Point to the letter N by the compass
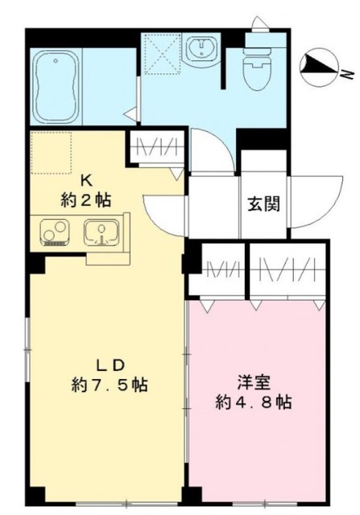[343, 74]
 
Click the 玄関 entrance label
[263, 204]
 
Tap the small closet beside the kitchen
[152, 150]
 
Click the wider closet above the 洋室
[288, 269]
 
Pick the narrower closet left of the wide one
[216, 269]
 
